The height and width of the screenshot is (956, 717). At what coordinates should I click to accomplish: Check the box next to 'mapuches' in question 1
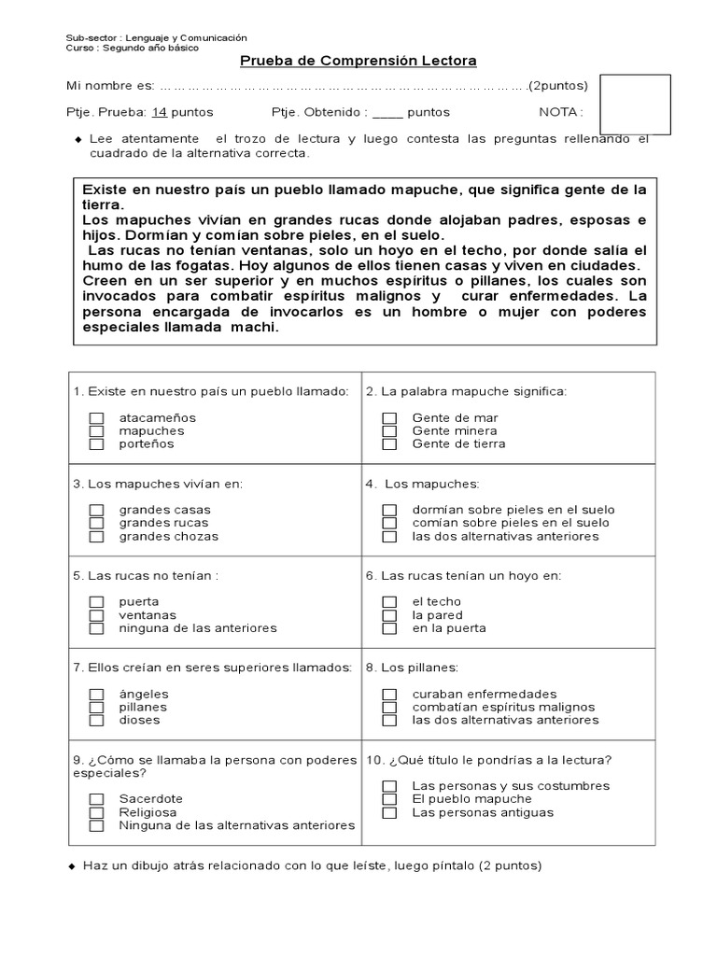(96, 431)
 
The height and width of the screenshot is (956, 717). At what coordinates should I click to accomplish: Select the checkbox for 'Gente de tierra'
(390, 444)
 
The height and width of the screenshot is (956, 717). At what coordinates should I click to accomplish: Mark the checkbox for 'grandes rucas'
(96, 524)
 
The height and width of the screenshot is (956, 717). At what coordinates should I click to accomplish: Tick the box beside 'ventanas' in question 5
(96, 616)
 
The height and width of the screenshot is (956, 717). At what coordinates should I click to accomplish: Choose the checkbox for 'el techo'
(390, 602)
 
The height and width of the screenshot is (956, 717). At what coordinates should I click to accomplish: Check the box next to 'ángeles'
(96, 695)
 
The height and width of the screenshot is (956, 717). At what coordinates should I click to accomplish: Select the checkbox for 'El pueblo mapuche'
(390, 800)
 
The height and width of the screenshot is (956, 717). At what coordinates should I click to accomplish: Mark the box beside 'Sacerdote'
(96, 800)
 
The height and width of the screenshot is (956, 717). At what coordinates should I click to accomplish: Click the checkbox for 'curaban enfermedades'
(390, 695)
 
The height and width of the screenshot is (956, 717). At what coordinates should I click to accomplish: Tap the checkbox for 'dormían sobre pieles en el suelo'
(390, 511)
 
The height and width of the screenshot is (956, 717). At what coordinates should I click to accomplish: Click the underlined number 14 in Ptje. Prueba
(160, 112)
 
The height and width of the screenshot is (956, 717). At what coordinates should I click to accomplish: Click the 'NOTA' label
(561, 112)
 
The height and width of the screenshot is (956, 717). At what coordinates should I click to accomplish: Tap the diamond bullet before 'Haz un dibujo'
(73, 866)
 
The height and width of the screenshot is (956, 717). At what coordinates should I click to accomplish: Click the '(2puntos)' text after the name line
(558, 86)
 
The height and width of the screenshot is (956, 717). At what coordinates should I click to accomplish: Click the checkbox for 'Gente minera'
(390, 431)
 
